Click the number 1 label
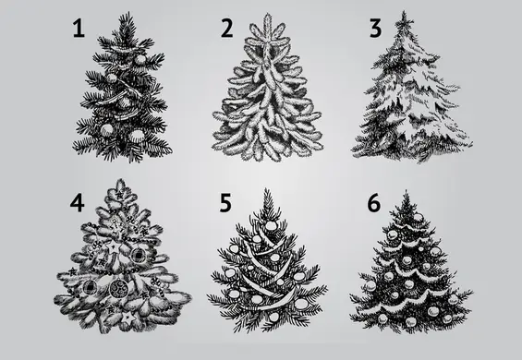click(79, 28)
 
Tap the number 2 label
click(227, 28)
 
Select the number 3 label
click(375, 28)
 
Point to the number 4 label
click(77, 203)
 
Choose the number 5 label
click(225, 203)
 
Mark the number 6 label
click(374, 203)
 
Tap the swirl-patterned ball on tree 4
click(118, 288)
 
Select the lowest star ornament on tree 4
click(128, 318)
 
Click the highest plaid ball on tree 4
click(138, 255)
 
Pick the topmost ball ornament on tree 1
click(140, 60)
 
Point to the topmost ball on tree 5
click(271, 225)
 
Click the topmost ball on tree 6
click(418, 218)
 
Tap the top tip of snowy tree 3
click(404, 11)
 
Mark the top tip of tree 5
click(266, 188)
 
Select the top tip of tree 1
click(127, 13)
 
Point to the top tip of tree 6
click(407, 191)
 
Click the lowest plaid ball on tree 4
click(90, 287)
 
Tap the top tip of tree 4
click(120, 180)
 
